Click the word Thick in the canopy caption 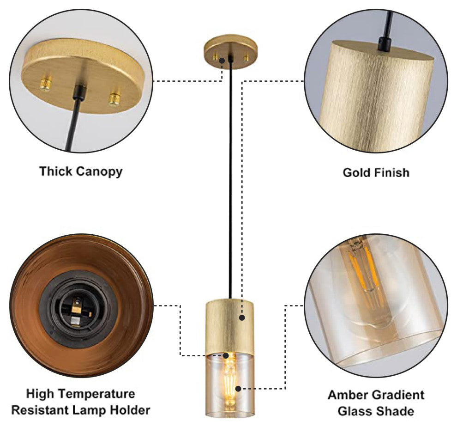click(56, 171)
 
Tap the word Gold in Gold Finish click(355, 172)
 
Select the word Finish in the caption click(391, 172)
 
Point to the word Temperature click(99, 394)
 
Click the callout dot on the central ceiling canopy click(222, 61)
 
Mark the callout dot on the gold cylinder click(242, 317)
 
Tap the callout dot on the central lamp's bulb click(238, 389)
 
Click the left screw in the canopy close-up click(46, 83)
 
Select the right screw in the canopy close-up click(114, 98)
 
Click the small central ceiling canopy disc click(230, 52)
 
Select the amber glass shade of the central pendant click(230, 384)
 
